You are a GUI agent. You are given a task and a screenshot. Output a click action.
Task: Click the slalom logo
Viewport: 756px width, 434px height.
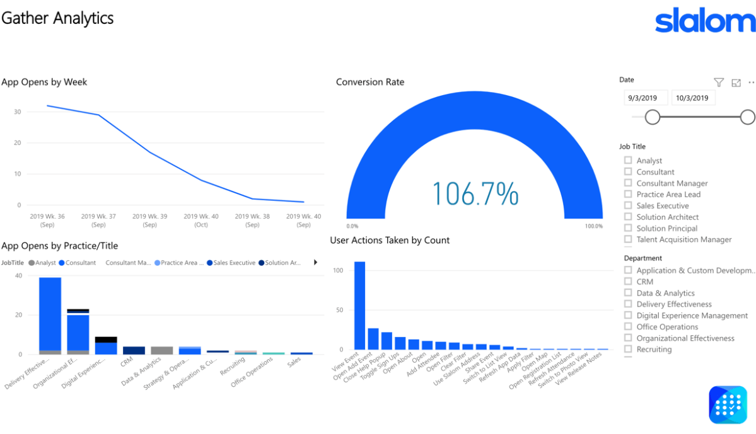(x=705, y=21)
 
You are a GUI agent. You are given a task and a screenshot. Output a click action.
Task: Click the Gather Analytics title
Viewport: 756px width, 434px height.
(x=57, y=18)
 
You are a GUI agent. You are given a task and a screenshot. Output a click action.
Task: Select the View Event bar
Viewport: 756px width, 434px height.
(x=359, y=306)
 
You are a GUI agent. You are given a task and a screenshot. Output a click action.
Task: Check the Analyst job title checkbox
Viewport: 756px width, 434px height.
(x=628, y=161)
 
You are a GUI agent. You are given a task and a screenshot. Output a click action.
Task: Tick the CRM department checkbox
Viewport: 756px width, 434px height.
(x=628, y=282)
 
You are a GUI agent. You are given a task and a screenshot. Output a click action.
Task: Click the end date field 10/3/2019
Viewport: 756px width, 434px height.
(x=692, y=98)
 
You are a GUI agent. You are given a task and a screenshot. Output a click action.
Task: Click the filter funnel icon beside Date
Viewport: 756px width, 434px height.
(x=719, y=83)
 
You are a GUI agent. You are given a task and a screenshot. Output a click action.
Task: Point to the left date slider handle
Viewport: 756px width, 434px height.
(x=653, y=117)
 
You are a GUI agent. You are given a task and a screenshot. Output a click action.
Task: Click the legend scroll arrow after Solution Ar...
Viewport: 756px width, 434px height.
(x=315, y=263)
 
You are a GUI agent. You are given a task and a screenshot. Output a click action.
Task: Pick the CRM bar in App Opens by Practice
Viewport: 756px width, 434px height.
(x=134, y=350)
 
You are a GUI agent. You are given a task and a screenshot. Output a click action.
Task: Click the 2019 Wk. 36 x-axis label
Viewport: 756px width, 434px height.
(x=47, y=220)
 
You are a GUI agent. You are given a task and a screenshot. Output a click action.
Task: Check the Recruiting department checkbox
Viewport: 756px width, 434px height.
(x=628, y=349)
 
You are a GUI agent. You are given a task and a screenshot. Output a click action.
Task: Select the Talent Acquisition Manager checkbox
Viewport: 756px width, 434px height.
(x=628, y=239)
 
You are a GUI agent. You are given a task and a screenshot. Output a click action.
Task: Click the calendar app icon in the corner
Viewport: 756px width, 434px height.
(x=728, y=404)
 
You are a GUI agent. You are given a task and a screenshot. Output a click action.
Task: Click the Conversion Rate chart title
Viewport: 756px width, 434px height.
(x=370, y=82)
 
